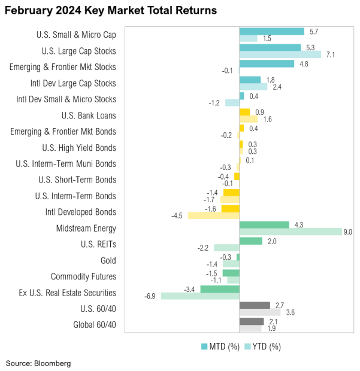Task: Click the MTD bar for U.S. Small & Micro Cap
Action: (x=271, y=31)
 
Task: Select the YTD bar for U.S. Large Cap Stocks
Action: (x=280, y=54)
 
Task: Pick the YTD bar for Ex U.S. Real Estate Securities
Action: (x=200, y=296)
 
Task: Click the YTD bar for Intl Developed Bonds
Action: (x=213, y=215)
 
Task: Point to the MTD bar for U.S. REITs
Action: (x=250, y=241)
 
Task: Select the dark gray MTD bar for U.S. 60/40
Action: (x=255, y=305)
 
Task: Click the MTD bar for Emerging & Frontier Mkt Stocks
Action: (x=267, y=63)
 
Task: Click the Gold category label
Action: (x=108, y=261)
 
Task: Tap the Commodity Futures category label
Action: (x=83, y=277)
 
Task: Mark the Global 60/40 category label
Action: (x=95, y=326)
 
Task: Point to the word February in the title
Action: (x=28, y=11)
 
